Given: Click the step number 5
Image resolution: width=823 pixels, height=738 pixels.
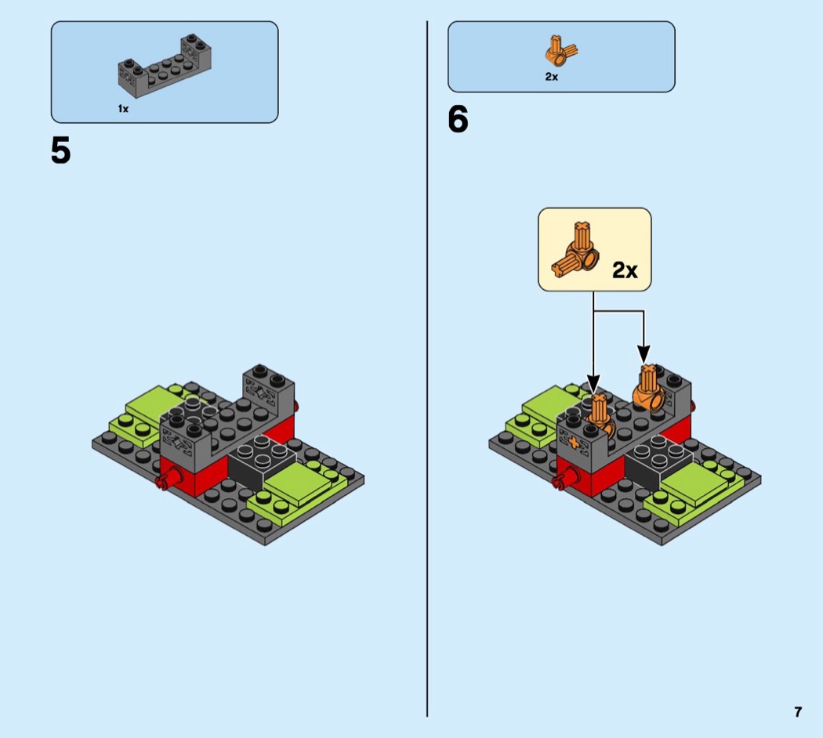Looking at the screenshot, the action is (x=60, y=150).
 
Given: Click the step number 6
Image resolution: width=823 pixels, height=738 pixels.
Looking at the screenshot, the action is (x=458, y=119).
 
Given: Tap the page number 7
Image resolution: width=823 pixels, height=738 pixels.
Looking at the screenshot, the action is (x=798, y=712).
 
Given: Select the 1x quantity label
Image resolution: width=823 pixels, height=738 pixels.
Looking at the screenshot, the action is (x=123, y=109).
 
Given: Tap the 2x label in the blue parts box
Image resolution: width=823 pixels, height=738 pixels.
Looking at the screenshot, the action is (x=551, y=77).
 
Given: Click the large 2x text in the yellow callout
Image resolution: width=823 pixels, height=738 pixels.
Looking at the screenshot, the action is (x=625, y=270).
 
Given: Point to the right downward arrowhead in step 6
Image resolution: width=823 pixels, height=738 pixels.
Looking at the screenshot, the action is (x=644, y=353).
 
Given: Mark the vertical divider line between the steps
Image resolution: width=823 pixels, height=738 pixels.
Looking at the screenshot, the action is (x=427, y=369).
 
